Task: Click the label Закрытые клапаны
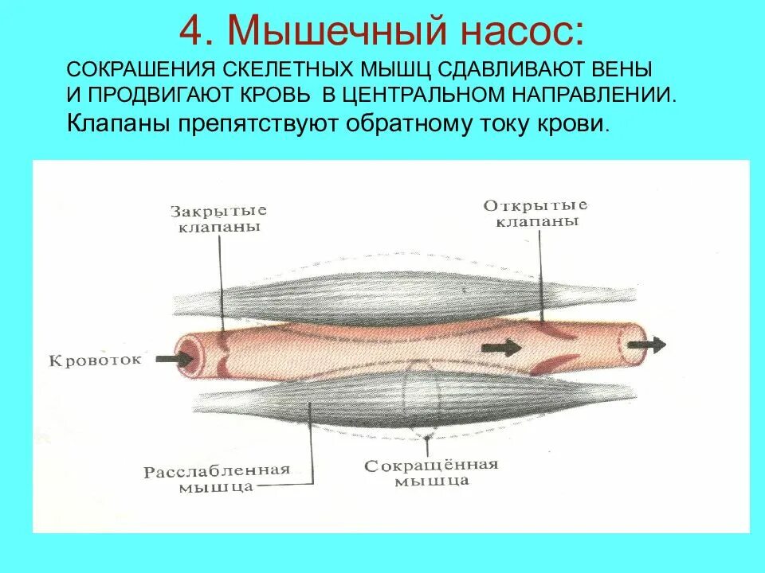coord(218,218)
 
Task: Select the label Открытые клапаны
coord(536,212)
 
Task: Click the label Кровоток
coord(96,360)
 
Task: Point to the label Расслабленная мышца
coord(217,477)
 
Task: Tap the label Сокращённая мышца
coord(431,472)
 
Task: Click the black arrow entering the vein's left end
coord(175,358)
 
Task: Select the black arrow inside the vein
coord(500,348)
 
